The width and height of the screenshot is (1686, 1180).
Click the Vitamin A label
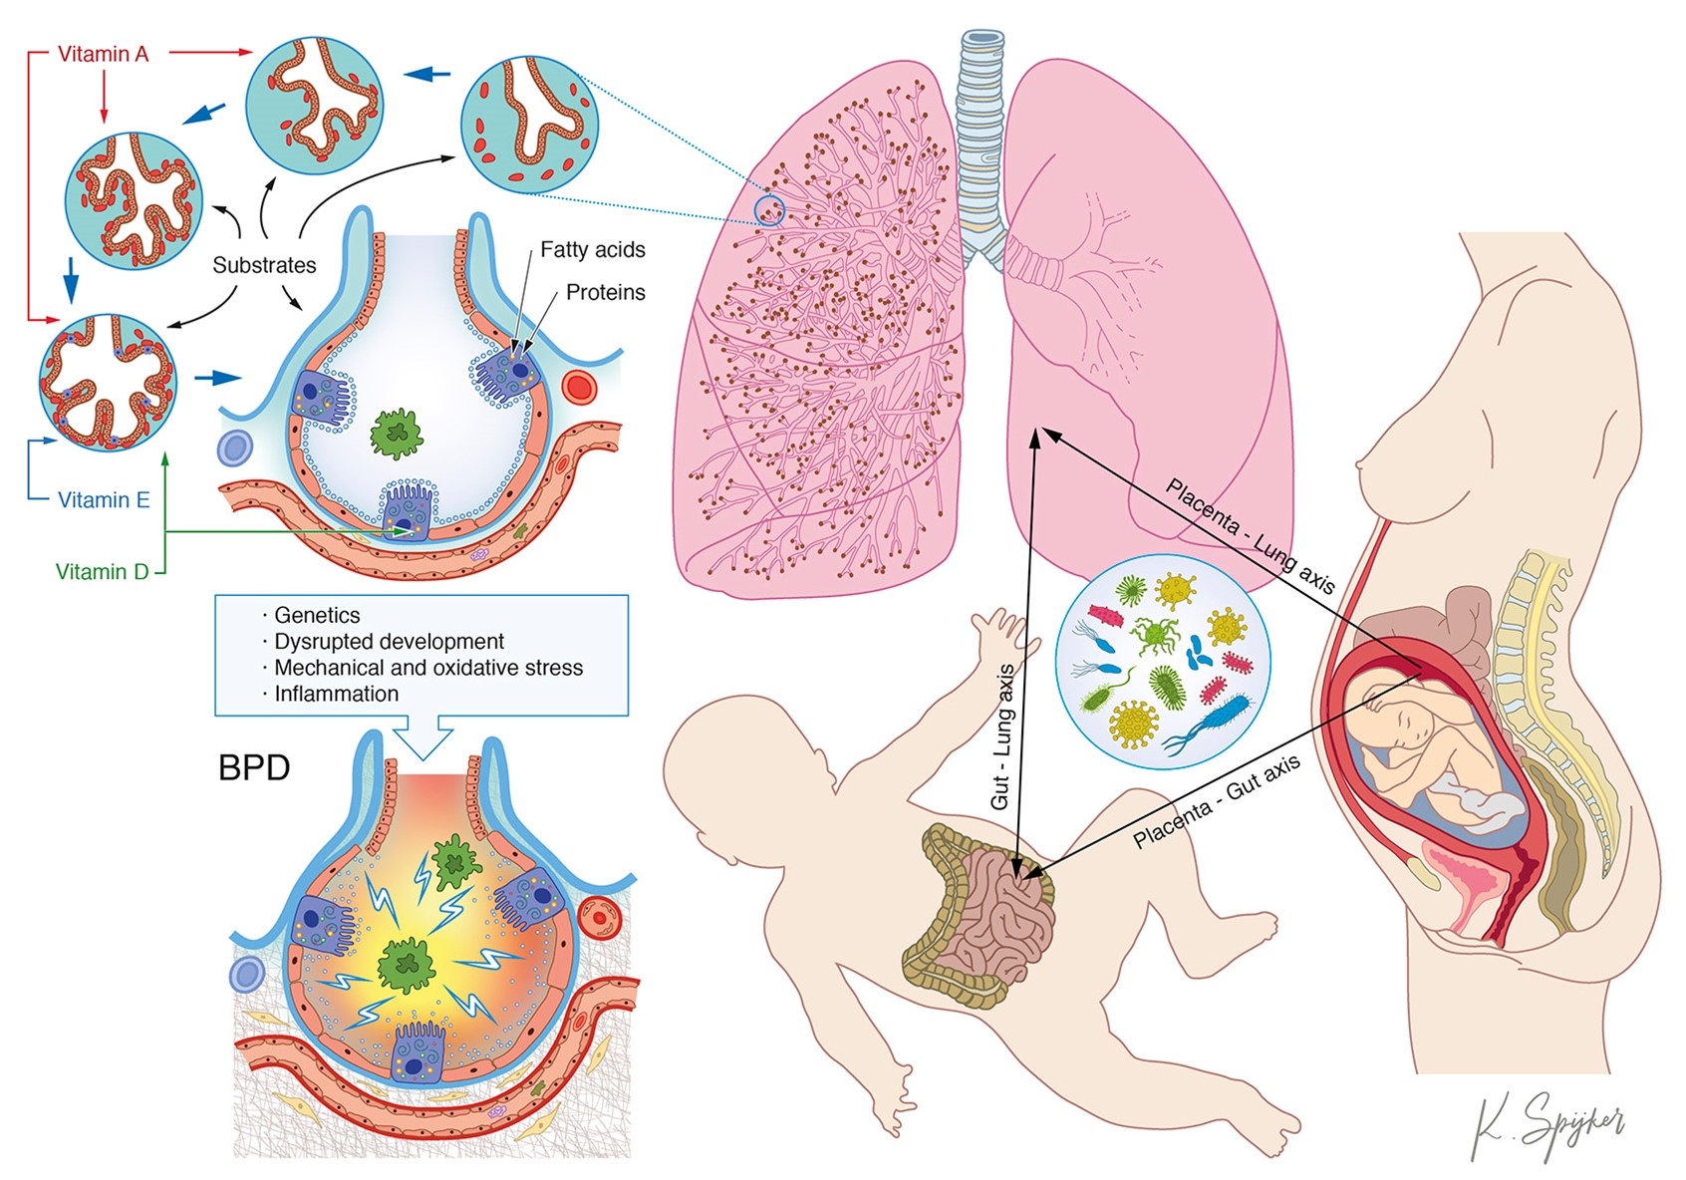tap(103, 54)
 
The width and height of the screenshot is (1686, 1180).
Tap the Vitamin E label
tap(104, 500)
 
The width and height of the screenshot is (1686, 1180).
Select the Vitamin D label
tap(102, 572)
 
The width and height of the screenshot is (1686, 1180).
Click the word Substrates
tap(264, 265)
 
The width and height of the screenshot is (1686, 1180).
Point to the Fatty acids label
tap(592, 250)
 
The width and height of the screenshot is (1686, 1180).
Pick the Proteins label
tap(605, 293)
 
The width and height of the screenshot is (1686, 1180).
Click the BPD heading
tap(254, 768)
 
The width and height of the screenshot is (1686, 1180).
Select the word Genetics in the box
tap(317, 615)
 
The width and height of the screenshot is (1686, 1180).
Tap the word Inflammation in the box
tap(336, 694)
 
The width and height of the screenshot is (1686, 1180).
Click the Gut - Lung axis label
tap(1002, 737)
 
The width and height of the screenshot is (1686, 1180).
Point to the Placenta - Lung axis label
tap(1250, 535)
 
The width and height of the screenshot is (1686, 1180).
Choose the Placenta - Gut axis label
tap(1217, 801)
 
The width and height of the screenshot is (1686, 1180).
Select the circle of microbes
tap(1162, 662)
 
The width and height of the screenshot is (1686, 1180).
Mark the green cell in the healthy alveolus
tap(397, 434)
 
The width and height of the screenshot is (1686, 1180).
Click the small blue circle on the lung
tap(769, 210)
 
